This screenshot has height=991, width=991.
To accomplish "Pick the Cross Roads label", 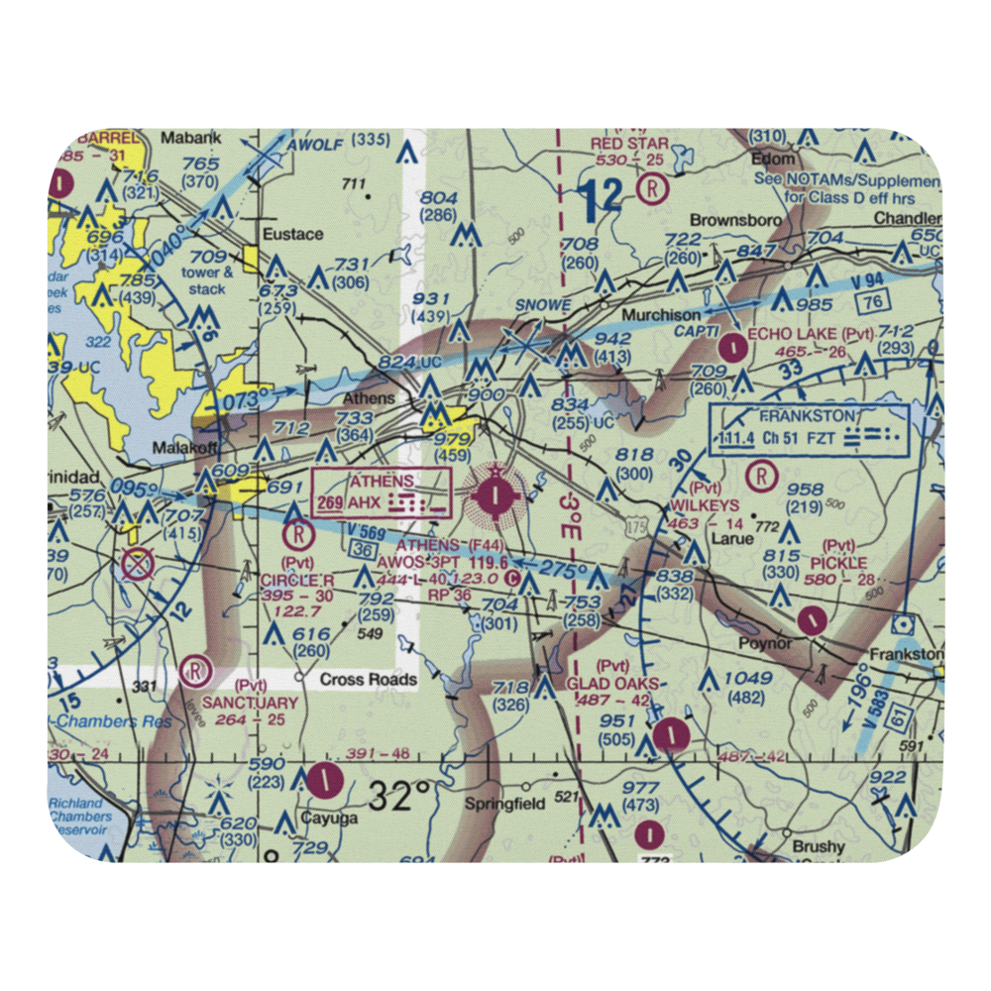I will pyautogui.click(x=368, y=681).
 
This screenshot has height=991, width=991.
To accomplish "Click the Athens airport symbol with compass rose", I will pyautogui.click(x=494, y=493).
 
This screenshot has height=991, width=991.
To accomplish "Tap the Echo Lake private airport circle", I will pyautogui.click(x=733, y=347).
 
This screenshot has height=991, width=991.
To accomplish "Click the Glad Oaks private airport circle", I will pyautogui.click(x=673, y=734).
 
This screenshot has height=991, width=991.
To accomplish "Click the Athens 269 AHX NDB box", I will pyautogui.click(x=382, y=493).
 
